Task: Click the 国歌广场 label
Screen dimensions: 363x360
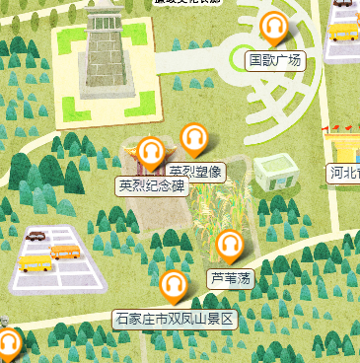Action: (274, 61)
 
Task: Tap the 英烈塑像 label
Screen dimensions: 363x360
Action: (197, 172)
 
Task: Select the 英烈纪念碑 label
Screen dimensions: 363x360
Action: (152, 185)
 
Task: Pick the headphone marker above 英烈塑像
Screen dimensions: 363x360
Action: (194, 139)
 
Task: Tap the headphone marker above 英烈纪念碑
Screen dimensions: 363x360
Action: (150, 153)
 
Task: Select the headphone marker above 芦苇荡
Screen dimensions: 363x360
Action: (230, 245)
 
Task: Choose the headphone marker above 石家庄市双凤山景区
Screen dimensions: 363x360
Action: (175, 286)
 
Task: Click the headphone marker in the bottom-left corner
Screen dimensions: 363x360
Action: (8, 343)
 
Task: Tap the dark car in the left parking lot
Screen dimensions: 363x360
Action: (37, 237)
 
